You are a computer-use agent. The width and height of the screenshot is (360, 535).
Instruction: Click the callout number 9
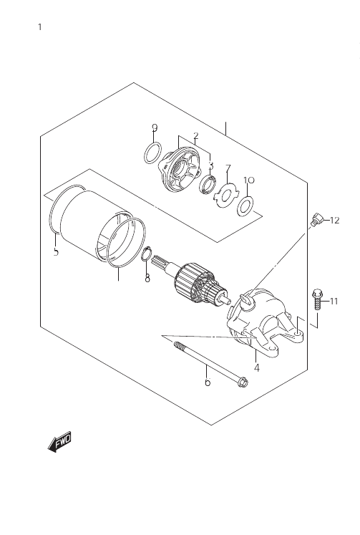tap(155, 127)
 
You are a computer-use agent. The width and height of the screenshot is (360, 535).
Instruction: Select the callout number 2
tap(195, 136)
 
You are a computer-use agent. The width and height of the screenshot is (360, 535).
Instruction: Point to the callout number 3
tap(211, 165)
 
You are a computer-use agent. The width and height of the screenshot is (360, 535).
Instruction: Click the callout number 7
tap(228, 168)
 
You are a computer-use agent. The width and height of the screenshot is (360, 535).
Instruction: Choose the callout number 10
tap(249, 180)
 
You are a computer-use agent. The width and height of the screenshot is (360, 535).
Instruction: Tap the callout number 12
tap(335, 221)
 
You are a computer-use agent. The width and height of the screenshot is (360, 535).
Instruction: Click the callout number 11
tap(334, 302)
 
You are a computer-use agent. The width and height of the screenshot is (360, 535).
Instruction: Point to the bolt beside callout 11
tap(317, 299)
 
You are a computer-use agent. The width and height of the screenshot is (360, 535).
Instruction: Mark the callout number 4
tap(257, 368)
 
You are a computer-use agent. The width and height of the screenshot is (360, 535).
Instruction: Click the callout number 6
tap(208, 382)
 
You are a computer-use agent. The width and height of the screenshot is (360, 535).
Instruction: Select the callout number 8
tap(147, 279)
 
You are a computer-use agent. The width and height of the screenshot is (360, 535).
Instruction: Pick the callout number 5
tap(57, 252)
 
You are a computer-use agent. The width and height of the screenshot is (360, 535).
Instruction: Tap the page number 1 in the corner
tap(40, 27)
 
